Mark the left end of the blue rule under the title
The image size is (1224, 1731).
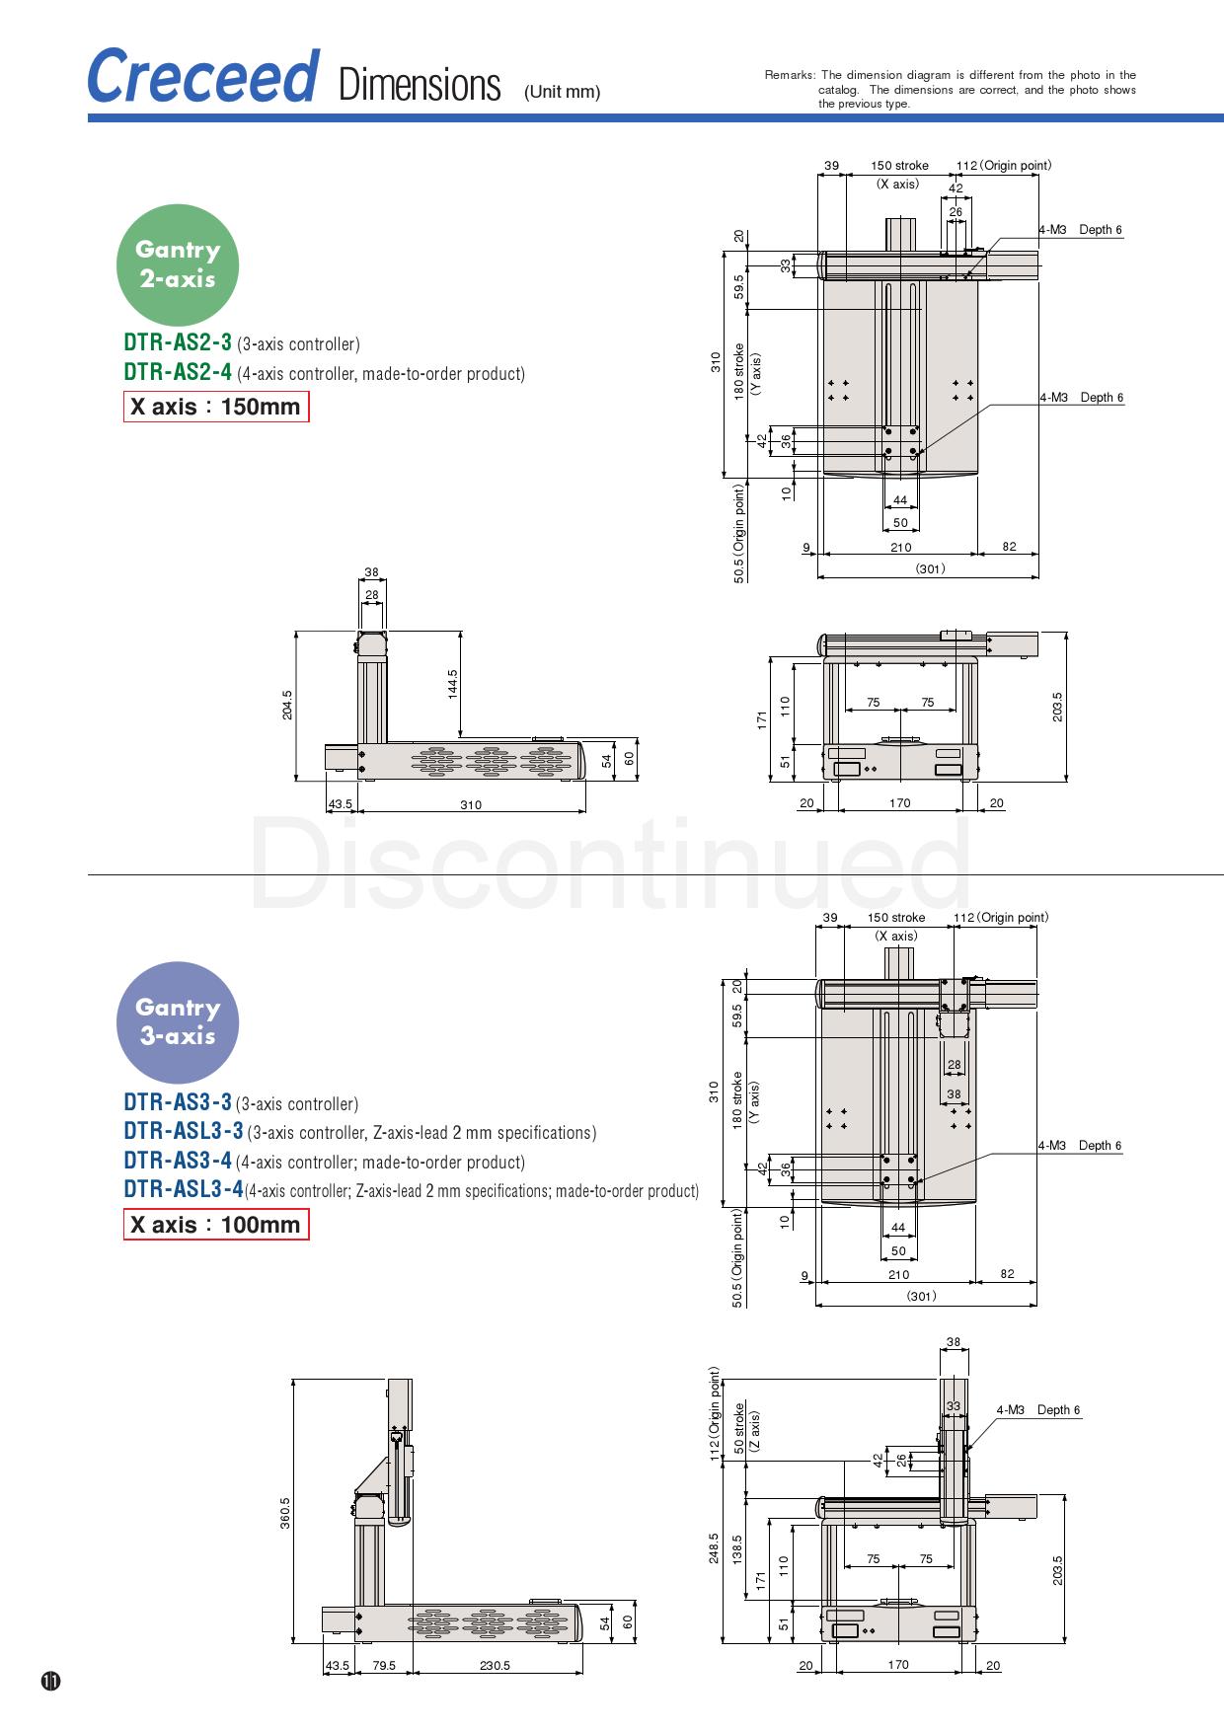coord(88,118)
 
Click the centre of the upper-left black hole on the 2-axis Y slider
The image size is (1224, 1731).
coord(888,431)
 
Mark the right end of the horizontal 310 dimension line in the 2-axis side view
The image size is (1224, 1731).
coord(585,811)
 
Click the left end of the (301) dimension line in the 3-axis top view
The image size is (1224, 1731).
coord(816,1305)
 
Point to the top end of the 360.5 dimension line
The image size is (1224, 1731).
coord(293,1378)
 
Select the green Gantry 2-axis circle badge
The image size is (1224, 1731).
coord(178,264)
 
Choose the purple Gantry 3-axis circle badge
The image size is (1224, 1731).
coord(178,1022)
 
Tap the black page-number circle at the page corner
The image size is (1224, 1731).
coord(50,1681)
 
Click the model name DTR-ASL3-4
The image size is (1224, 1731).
coord(184,1189)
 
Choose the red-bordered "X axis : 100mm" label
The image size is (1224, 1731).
coord(216,1225)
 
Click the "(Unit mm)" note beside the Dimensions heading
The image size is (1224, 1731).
coord(562,92)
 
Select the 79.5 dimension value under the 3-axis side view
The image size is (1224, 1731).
coord(384,1666)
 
